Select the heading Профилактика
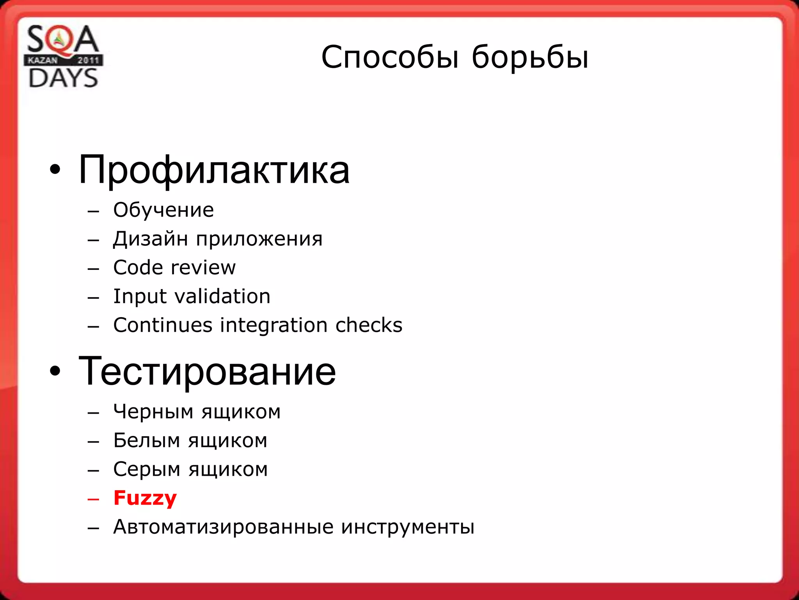coord(214,170)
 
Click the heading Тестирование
coord(207,371)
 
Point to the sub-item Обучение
coord(163,210)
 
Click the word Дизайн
coord(151,239)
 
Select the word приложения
coord(259,239)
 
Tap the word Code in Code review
coord(138,268)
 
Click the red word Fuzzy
coord(145,498)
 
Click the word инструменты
coord(408,527)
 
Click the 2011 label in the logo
coord(88,60)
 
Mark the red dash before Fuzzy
coord(94,499)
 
